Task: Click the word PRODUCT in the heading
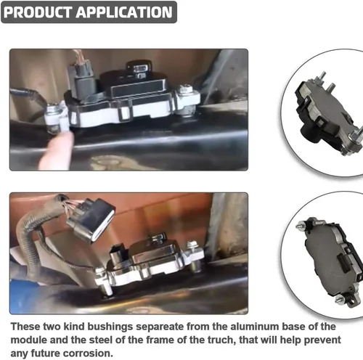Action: coord(37,12)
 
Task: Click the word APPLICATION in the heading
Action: coord(124,12)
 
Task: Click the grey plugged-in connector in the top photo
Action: coord(81,81)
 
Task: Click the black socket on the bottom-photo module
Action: coord(118,253)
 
